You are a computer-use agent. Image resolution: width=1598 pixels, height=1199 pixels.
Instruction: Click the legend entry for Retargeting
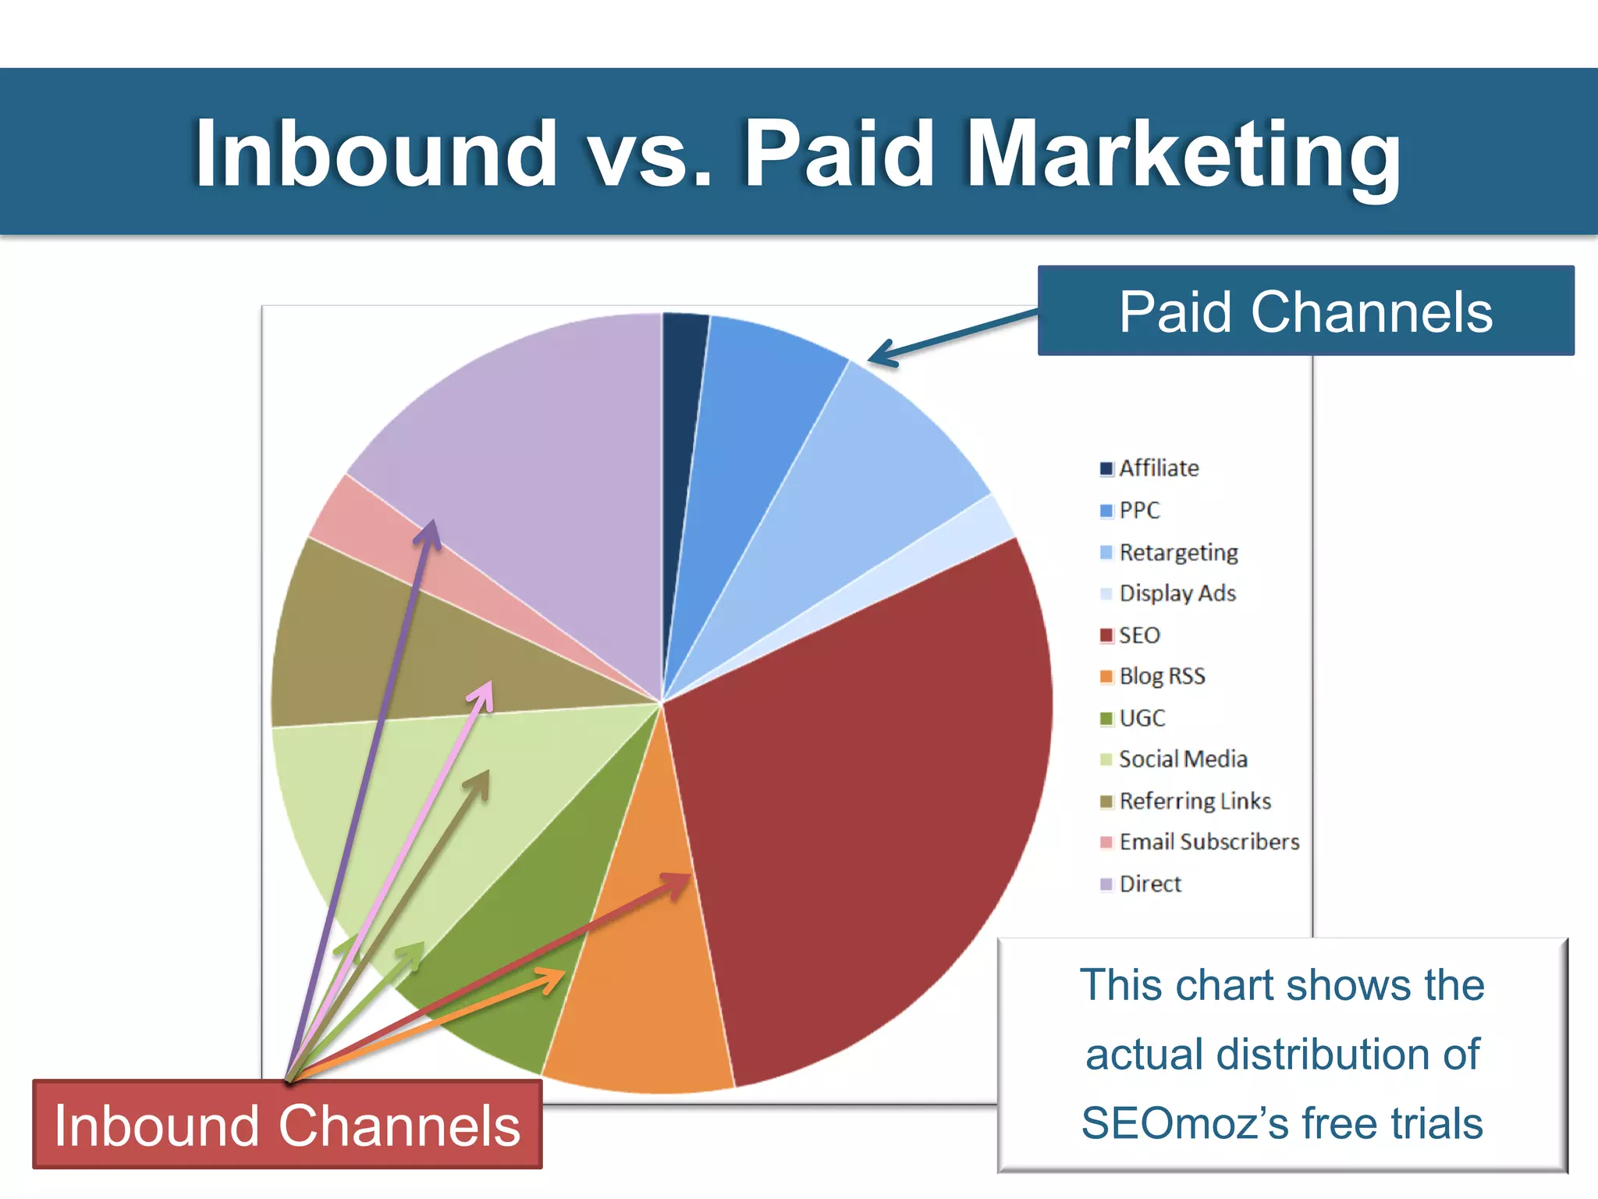click(x=1178, y=553)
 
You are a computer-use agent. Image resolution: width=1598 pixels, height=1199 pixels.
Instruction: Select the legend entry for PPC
click(x=1139, y=511)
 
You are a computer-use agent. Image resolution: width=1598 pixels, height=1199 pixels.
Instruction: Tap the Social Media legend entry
click(x=1183, y=759)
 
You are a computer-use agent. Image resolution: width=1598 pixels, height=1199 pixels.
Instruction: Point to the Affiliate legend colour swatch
click(x=1106, y=468)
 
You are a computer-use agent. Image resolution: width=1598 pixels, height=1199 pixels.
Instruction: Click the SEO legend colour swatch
click(x=1106, y=635)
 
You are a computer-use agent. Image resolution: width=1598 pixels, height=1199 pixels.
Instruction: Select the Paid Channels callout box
click(x=1305, y=311)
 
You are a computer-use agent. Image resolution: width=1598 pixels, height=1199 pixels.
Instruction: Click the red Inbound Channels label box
click(x=287, y=1125)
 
